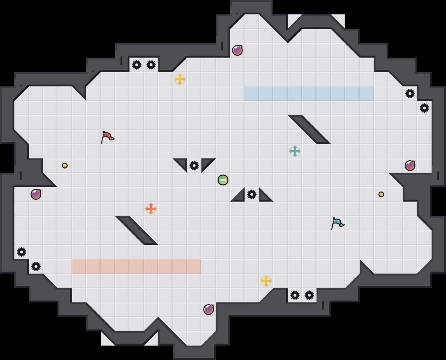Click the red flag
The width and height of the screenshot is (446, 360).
[107, 137]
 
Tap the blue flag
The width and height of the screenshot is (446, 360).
[337, 223]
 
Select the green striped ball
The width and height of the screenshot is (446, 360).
[223, 180]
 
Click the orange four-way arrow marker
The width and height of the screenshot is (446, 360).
[151, 209]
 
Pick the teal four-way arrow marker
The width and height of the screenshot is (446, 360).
[295, 151]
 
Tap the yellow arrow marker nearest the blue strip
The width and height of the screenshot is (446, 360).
[180, 79]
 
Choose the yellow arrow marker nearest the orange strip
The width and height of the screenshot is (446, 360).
[266, 281]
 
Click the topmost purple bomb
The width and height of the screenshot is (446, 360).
[237, 50]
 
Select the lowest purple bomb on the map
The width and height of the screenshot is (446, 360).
[209, 310]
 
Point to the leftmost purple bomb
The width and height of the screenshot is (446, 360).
[36, 194]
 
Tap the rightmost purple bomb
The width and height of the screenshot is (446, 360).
[410, 166]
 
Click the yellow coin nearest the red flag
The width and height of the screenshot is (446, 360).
[65, 166]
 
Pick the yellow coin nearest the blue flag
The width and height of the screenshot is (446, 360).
[381, 194]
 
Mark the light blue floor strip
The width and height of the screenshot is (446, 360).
[309, 94]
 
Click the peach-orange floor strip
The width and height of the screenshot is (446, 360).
[137, 266]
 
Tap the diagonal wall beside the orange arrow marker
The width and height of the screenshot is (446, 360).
[137, 230]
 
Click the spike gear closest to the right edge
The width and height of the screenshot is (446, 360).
[424, 108]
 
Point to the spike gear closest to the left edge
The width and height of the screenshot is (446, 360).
[22, 252]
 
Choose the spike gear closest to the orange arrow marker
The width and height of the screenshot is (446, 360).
[194, 166]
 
